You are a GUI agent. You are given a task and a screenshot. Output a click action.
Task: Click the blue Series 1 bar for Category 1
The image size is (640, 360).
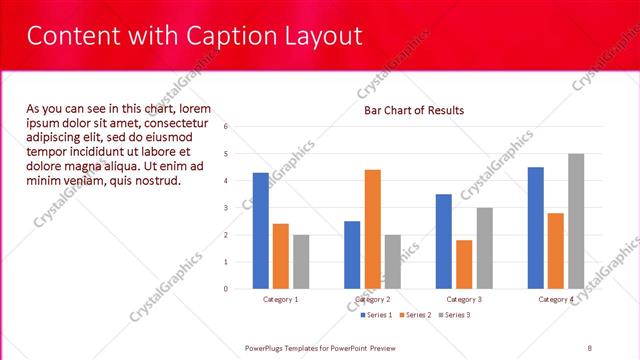tap(261, 231)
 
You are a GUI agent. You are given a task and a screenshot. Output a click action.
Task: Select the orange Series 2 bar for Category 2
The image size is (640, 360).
tap(372, 229)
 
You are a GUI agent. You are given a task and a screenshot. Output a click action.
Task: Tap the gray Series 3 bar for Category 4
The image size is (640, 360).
tap(576, 221)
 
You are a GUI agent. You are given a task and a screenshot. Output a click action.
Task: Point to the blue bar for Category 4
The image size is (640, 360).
tap(536, 228)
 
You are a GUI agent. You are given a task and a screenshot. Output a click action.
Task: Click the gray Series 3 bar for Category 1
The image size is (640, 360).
tap(301, 262)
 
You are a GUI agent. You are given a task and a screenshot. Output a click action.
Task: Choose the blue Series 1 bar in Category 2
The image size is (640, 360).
tap(352, 255)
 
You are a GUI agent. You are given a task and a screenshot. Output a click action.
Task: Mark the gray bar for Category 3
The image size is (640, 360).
tap(484, 248)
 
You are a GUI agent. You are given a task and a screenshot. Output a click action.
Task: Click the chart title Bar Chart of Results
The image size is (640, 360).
tap(413, 110)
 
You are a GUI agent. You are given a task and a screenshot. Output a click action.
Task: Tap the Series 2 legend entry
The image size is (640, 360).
tap(416, 315)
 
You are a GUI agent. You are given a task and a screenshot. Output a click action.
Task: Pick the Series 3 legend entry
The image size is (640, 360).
tap(456, 315)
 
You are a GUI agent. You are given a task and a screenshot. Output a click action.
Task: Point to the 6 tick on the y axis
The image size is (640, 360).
tap(227, 127)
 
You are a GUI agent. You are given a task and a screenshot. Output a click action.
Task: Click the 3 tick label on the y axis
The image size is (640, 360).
tap(227, 208)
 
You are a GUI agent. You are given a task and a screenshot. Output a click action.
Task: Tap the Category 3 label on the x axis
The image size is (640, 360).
tap(464, 299)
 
